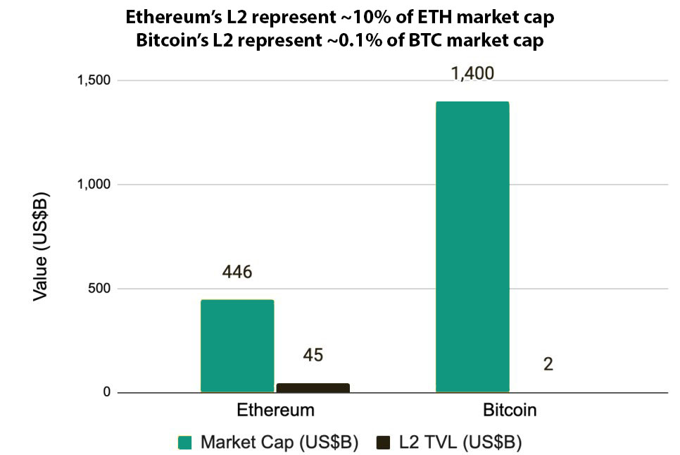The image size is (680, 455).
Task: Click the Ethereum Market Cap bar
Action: tap(237, 346)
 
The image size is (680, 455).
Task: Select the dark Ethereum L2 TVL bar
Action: tap(313, 387)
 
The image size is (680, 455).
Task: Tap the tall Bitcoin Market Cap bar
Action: tap(472, 247)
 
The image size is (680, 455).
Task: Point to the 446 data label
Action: tap(237, 273)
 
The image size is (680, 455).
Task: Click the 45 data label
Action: tap(313, 355)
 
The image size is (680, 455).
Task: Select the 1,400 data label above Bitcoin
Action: tap(473, 74)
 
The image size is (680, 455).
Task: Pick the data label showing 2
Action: tap(548, 365)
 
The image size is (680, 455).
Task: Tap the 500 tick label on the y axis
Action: tap(99, 288)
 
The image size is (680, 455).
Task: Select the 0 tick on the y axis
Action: tap(106, 392)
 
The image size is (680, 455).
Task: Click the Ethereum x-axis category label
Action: tap(275, 411)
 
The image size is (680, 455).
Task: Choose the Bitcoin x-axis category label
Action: tap(510, 411)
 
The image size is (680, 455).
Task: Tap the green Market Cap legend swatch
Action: tap(185, 442)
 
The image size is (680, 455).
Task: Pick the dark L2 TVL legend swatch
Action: tap(384, 442)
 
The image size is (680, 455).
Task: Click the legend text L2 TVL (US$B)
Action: tap(460, 442)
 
